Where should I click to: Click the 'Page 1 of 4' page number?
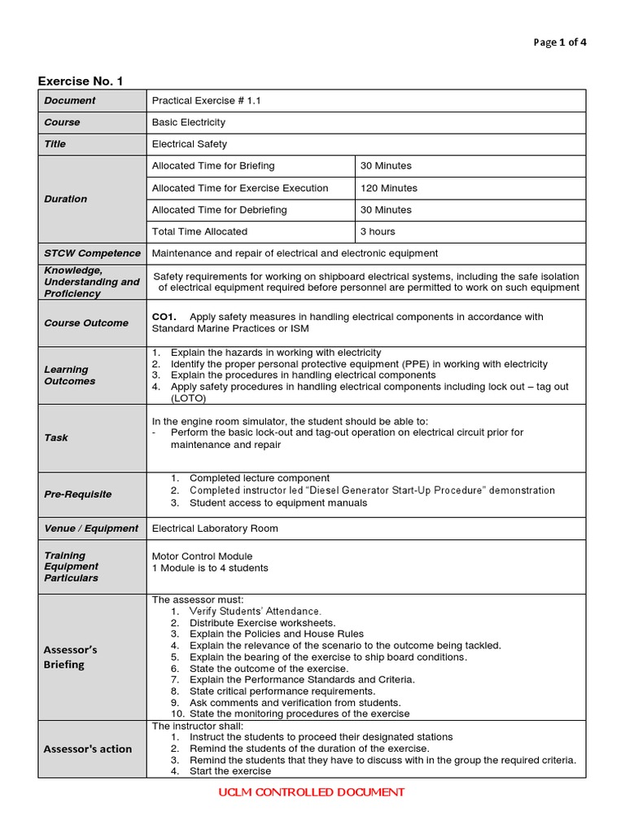click(559, 43)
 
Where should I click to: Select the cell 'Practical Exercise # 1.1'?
click(207, 101)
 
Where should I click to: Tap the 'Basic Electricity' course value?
click(189, 122)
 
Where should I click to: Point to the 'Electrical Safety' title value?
click(190, 144)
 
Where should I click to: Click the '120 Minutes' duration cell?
click(389, 188)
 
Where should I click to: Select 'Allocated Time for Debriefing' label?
click(220, 210)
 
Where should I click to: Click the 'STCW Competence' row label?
click(92, 253)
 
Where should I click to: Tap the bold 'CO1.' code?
click(164, 317)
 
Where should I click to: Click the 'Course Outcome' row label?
click(86, 323)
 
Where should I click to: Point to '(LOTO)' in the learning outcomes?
click(189, 399)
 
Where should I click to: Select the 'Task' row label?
click(56, 438)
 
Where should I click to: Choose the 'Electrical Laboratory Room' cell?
click(215, 529)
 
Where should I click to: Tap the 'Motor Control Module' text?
click(202, 556)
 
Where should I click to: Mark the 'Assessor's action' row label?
click(88, 749)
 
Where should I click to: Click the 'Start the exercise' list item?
click(230, 771)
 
